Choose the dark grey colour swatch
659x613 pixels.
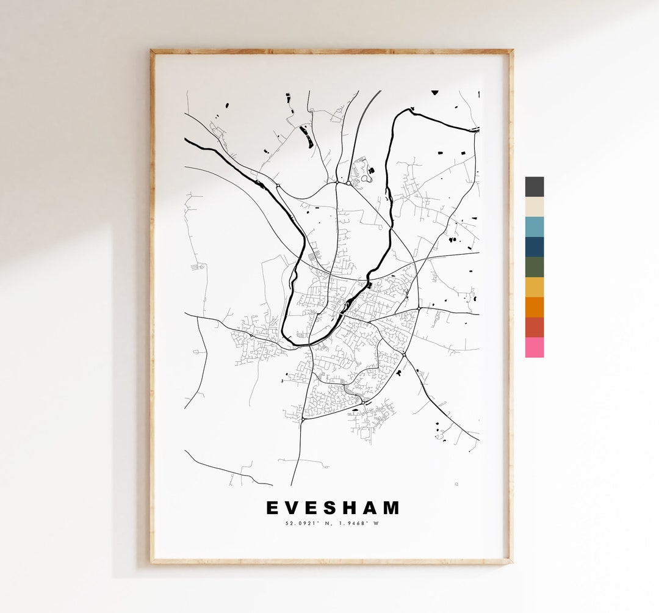click(535, 187)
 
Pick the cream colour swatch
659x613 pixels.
click(535, 207)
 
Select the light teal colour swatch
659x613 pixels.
click(535, 227)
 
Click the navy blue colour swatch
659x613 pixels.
click(535, 247)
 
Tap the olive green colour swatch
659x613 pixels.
click(535, 267)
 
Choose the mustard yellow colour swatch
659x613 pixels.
click(535, 287)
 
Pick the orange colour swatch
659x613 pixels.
click(535, 307)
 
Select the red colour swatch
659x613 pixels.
click(535, 327)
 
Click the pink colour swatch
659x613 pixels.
click(535, 347)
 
